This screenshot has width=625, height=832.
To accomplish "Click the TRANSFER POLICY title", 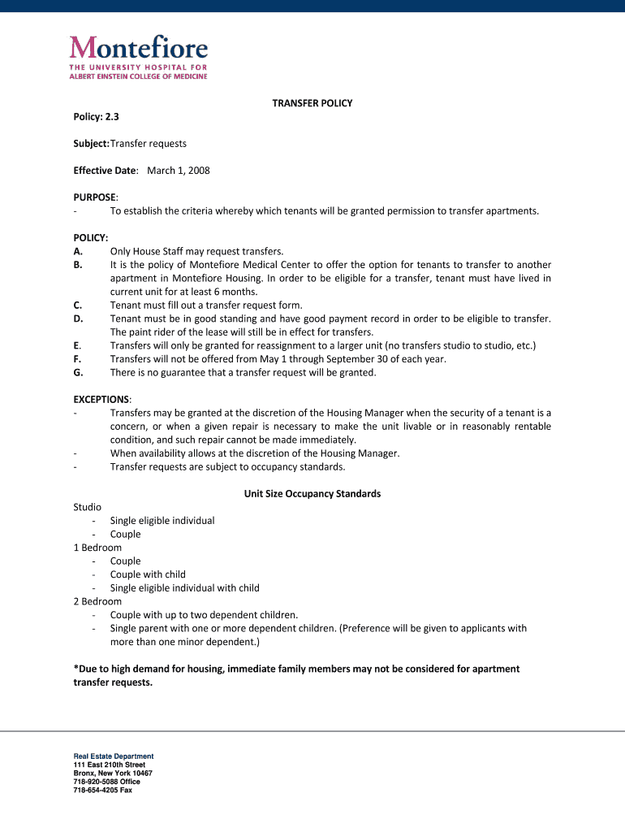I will tap(312, 104).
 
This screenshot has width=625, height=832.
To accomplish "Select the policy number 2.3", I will tap(111, 117).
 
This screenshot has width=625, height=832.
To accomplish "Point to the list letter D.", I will tap(78, 318).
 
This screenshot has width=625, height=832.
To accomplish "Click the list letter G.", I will tap(78, 372).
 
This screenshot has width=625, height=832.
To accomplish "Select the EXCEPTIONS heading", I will tap(101, 399).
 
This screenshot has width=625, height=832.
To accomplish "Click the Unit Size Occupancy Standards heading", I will tap(312, 493).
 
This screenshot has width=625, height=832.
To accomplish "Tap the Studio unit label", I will tap(88, 507).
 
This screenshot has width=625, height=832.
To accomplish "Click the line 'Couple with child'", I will tap(148, 574).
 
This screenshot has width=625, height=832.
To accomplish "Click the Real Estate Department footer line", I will tap(113, 756).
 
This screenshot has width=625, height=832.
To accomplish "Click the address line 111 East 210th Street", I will tap(109, 765).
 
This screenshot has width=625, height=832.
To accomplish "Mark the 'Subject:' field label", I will tap(91, 144).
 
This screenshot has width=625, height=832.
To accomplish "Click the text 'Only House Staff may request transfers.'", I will tap(196, 251).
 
